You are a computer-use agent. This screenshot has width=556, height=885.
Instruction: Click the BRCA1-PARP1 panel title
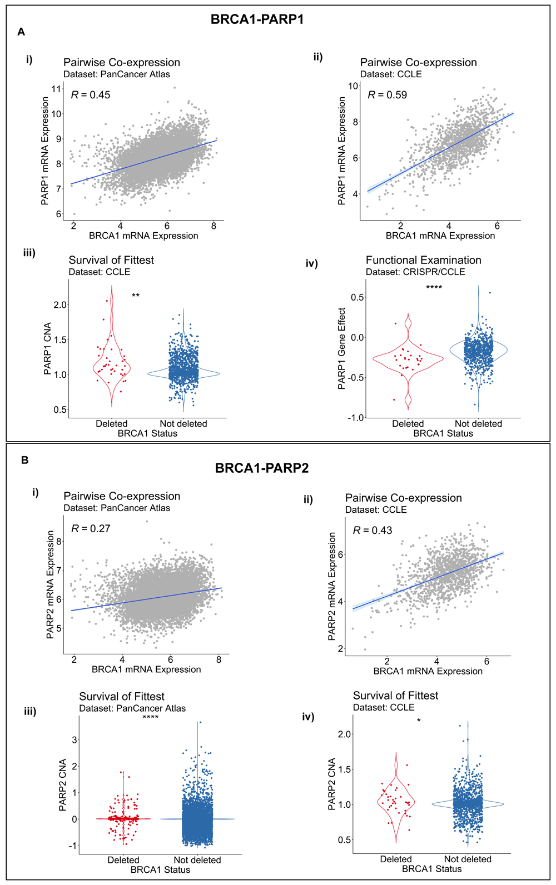point(257,19)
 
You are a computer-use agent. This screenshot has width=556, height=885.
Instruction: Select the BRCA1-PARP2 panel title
point(261,468)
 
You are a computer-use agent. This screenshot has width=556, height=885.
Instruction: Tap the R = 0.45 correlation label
point(91,95)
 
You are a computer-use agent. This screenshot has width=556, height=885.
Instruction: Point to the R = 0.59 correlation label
point(388,95)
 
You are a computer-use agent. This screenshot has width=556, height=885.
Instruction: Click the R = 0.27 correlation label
point(91,528)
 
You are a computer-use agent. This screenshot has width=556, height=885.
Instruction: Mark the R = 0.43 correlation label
point(373,531)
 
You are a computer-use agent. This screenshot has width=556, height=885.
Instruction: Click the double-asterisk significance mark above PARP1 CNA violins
point(136,296)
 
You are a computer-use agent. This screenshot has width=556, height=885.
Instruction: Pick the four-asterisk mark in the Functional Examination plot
point(434,287)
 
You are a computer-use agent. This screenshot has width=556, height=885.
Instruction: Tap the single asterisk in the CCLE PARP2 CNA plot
point(419,721)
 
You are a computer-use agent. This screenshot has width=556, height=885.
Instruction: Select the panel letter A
point(21,32)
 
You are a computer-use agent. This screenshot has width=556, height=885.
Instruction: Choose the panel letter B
point(24,460)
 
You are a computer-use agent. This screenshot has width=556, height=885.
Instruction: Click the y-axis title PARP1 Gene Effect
point(342,348)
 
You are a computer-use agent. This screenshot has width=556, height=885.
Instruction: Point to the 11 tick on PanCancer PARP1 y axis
point(57,89)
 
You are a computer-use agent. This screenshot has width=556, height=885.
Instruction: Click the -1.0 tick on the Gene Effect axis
point(356,418)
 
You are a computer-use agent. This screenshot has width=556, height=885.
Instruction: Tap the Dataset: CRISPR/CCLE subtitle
point(415,272)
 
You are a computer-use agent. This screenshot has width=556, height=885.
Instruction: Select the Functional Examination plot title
point(423,260)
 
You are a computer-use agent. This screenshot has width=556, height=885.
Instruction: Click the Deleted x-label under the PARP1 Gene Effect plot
point(408,423)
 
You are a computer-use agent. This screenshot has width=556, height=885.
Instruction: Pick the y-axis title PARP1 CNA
point(48,348)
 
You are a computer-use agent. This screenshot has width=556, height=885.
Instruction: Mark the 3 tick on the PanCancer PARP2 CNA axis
point(75,740)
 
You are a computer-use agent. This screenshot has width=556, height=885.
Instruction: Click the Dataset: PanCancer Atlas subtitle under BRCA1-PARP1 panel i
point(117,74)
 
